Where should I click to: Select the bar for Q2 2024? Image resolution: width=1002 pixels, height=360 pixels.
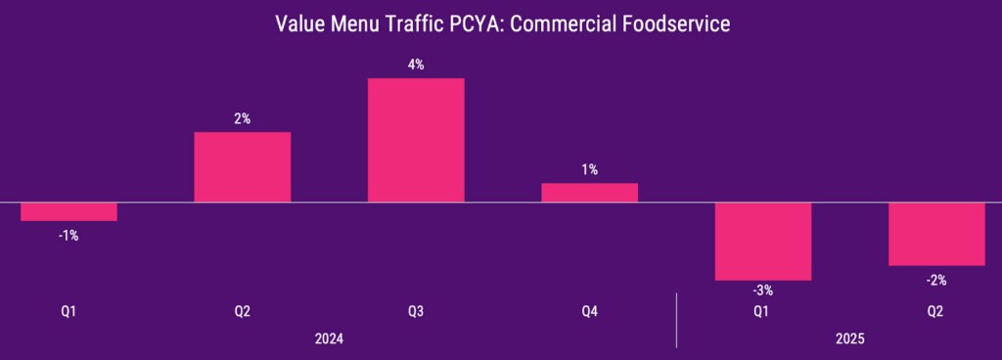click(x=243, y=167)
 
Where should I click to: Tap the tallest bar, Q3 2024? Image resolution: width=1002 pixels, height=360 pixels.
click(x=416, y=140)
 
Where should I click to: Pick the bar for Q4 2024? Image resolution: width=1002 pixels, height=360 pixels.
click(x=589, y=193)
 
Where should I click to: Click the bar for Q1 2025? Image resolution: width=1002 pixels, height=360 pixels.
click(x=763, y=242)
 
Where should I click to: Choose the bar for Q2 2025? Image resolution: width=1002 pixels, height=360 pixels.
click(x=936, y=234)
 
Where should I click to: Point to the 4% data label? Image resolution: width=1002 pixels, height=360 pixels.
click(x=416, y=65)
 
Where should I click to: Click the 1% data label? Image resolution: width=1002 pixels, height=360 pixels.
click(x=589, y=170)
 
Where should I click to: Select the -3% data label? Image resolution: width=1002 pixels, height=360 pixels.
click(x=763, y=291)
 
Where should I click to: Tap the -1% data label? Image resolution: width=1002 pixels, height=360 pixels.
click(x=68, y=235)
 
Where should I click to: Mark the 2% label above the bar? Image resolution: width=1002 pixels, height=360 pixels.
click(x=243, y=118)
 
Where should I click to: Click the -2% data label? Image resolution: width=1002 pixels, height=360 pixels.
click(x=936, y=279)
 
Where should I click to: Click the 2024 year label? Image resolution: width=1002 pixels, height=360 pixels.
click(x=329, y=337)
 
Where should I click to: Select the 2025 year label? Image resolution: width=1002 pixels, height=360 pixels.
click(x=849, y=337)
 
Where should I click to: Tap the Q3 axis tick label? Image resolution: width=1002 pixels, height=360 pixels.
click(x=416, y=311)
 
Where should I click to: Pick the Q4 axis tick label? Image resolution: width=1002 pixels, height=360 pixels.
click(x=589, y=311)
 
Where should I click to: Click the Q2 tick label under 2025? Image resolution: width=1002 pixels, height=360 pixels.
click(x=936, y=311)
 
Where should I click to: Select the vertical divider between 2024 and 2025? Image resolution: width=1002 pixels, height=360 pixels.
click(x=676, y=319)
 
